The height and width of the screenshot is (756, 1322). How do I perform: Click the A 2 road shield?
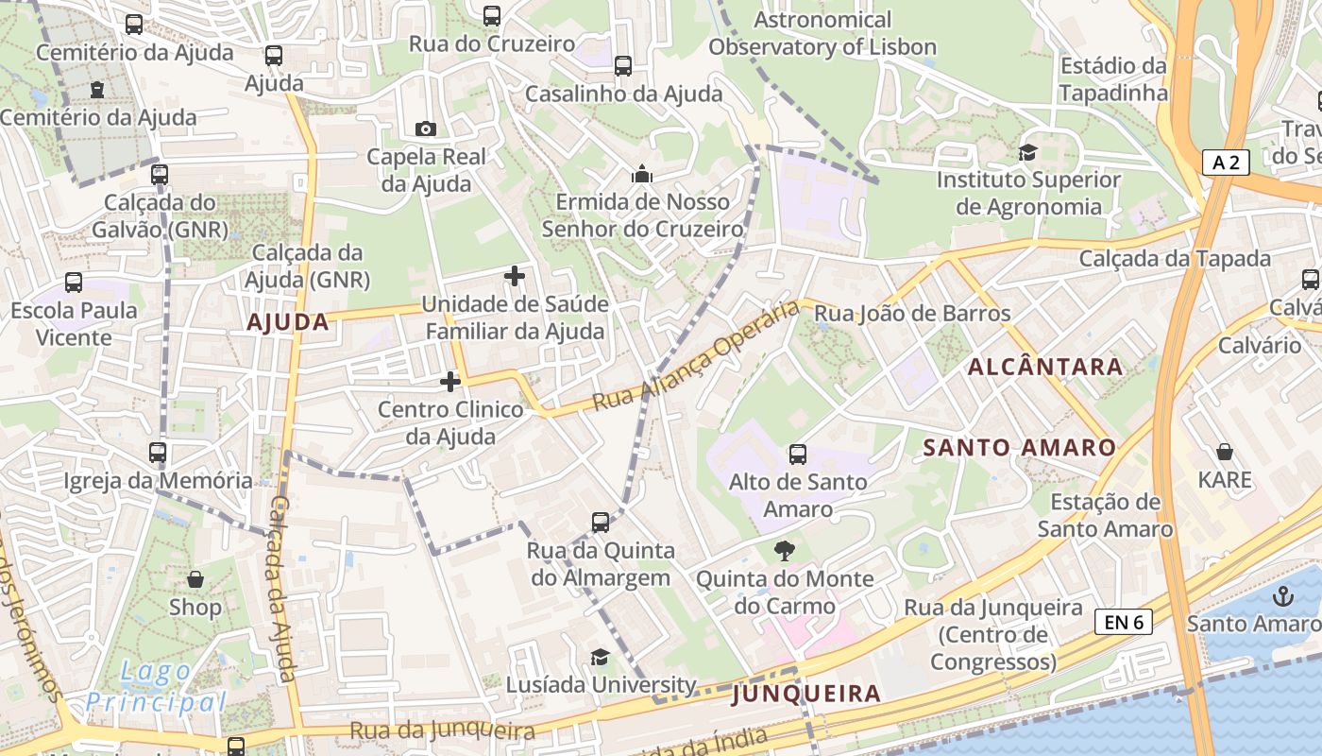tap(1226, 163)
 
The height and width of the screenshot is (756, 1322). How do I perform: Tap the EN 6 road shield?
tap(1124, 622)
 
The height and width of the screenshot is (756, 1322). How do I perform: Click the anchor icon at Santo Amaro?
tap(1282, 596)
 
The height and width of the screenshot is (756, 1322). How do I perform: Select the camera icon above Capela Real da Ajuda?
tap(426, 129)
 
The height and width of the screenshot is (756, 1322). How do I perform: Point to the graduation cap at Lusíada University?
tap(600, 657)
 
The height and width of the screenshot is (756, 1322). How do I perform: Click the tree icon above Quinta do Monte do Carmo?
tap(784, 550)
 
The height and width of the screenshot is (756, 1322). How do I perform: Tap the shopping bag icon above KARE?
tap(1225, 452)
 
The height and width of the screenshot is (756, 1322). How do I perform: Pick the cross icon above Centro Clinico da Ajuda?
tap(450, 382)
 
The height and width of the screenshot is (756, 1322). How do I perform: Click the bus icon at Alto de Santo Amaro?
tap(798, 455)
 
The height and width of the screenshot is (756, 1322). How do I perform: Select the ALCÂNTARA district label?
tap(1046, 367)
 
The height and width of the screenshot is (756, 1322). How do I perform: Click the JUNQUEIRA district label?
tap(806, 694)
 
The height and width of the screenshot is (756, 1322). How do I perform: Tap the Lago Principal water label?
tap(156, 687)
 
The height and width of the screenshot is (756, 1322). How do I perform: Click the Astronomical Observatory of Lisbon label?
tap(822, 33)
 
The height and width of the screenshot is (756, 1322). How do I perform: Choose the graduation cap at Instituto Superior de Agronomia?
tap(1027, 152)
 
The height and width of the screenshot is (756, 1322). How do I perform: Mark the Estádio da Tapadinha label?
tap(1113, 79)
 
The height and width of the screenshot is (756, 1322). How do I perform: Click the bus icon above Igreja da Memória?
tap(158, 453)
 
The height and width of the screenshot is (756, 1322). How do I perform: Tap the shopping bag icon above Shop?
tap(195, 578)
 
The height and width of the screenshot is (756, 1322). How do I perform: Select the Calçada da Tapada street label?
tap(1175, 258)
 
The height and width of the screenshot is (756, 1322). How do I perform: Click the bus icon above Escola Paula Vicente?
tap(74, 282)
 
